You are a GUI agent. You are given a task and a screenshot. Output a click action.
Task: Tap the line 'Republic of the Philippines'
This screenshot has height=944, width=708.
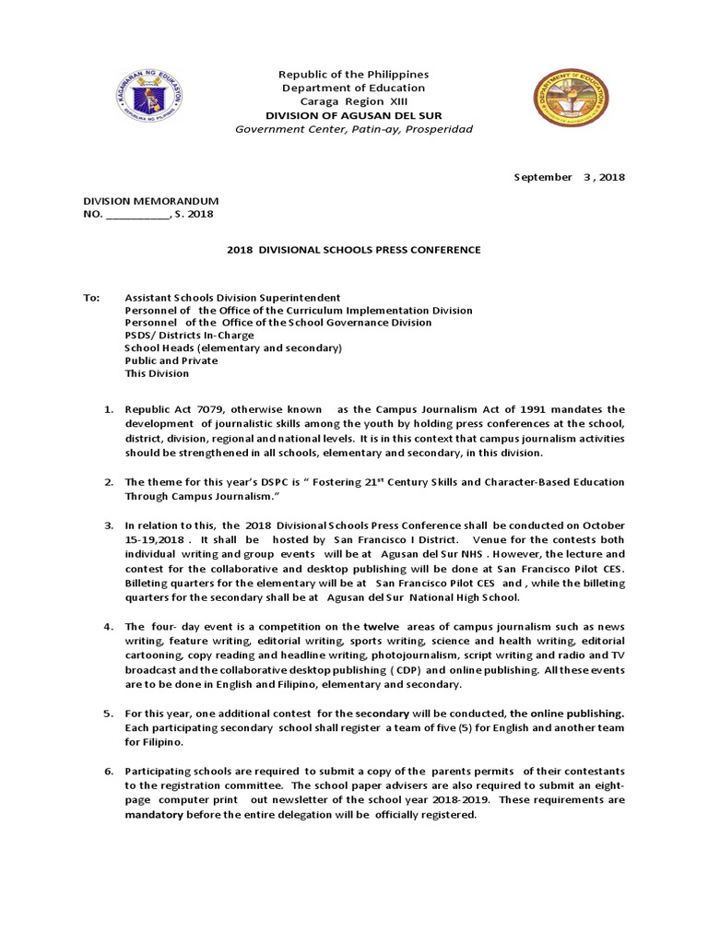pos(354,74)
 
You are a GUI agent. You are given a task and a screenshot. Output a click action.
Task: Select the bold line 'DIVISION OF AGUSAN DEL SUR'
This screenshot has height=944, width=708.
pos(354,115)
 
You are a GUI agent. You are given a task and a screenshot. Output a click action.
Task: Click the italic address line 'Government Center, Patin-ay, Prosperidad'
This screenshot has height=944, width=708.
pos(354,129)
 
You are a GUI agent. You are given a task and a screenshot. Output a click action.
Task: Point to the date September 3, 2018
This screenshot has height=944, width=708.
pos(569,177)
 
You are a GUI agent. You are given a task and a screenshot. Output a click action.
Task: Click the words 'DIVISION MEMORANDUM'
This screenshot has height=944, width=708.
pos(151,201)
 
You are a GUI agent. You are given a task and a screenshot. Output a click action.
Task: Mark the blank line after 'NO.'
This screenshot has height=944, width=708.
pos(137,215)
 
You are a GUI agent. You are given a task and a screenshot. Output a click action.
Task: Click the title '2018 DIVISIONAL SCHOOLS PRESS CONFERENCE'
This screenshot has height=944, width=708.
pos(354,250)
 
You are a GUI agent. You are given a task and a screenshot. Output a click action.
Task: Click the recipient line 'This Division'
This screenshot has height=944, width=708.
pos(157,373)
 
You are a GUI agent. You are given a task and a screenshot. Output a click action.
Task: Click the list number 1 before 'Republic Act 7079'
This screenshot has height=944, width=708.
pos(107,409)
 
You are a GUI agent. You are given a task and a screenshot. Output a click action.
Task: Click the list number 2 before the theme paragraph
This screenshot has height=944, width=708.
pos(107,482)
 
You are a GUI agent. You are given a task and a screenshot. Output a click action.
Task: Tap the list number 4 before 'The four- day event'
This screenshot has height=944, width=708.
pos(107,627)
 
